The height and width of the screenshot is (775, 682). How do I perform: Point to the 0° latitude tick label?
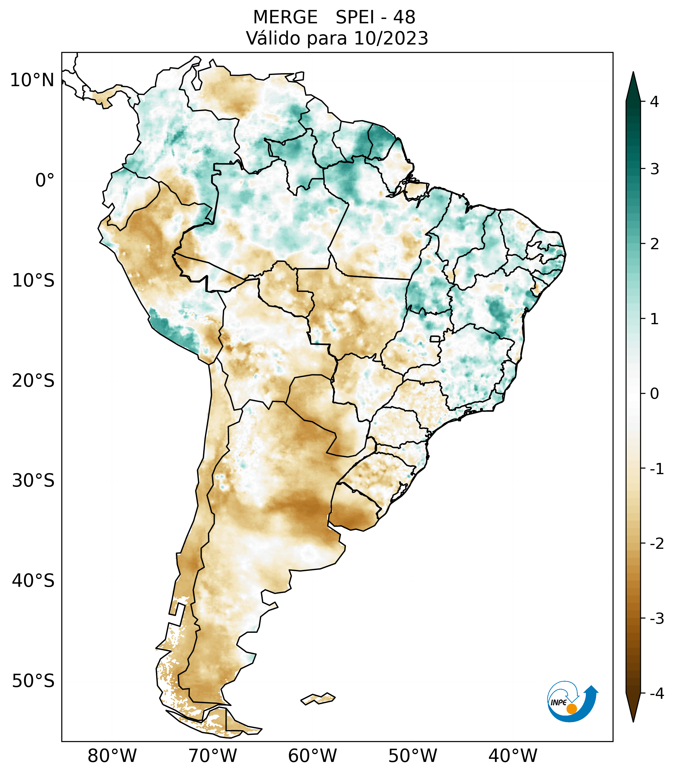tap(45, 180)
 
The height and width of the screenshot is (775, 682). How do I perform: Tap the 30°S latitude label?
tap(33, 481)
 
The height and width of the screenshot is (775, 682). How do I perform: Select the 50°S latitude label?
tap(33, 681)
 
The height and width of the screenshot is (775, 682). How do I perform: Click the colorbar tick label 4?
tap(654, 102)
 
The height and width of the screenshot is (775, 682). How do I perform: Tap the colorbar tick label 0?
tap(654, 394)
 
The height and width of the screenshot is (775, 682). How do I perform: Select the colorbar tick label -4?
tap(656, 693)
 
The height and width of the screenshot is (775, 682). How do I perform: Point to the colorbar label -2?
tap(656, 544)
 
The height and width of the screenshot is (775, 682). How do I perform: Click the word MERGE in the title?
tap(285, 17)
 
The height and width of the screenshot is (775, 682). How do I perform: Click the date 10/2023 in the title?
tap(391, 38)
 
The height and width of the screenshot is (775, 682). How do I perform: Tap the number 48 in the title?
tap(404, 17)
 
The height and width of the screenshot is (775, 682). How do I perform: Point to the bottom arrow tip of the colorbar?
tap(633, 721)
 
